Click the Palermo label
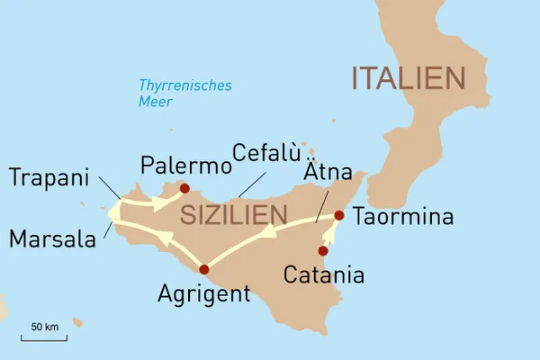click(x=181, y=166)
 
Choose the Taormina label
click(x=403, y=217)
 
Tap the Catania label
click(x=323, y=274)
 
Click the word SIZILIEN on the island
click(x=233, y=216)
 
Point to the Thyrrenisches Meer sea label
click(x=184, y=94)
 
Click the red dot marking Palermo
click(x=184, y=189)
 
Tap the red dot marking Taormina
click(x=339, y=215)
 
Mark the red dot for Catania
click(x=323, y=251)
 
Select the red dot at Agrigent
click(x=203, y=268)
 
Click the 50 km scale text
click(x=44, y=326)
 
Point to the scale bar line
click(x=44, y=338)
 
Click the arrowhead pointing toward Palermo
click(x=159, y=203)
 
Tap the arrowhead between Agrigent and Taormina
click(x=267, y=232)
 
